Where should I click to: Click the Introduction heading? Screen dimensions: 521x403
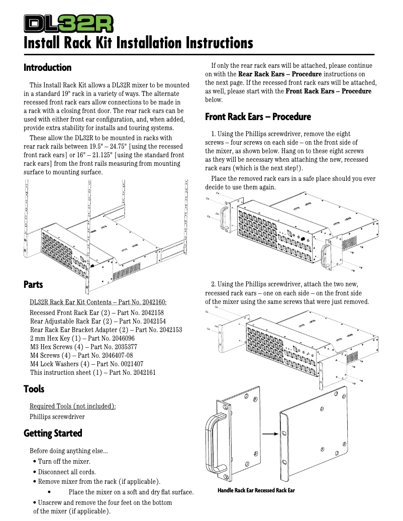tap(48, 67)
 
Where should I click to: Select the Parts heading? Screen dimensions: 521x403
tap(33, 284)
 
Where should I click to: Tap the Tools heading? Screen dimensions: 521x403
tap(34, 389)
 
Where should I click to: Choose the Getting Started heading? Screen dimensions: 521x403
tap(53, 433)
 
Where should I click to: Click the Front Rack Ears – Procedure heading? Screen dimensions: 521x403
tap(258, 117)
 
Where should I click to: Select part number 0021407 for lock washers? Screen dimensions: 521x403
tap(127, 364)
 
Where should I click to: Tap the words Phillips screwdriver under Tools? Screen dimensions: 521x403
tap(57, 416)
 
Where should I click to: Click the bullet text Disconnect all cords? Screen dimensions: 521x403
tap(67, 472)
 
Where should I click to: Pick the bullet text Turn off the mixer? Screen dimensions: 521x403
tap(64, 461)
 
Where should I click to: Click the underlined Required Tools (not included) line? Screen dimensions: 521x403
tap(72, 406)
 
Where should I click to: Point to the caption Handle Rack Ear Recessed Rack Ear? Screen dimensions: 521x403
tap(256, 490)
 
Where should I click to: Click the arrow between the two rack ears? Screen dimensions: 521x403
tap(270, 434)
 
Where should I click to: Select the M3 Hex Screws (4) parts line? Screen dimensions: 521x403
tap(83, 347)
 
